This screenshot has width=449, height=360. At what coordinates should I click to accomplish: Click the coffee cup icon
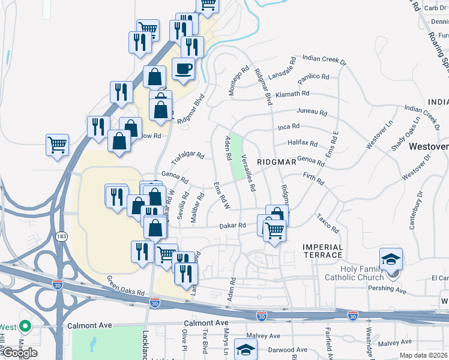click(x=184, y=68)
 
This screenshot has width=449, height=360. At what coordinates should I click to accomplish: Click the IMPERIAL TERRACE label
click(x=323, y=251)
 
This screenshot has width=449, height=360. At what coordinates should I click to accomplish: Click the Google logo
click(x=19, y=353)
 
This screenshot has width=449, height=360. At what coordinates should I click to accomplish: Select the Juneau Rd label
click(x=312, y=112)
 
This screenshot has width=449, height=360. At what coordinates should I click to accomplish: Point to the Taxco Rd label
click(x=328, y=224)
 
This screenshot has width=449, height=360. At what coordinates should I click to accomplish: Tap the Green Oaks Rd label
click(x=126, y=286)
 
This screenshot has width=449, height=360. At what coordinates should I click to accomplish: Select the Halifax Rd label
click(x=303, y=143)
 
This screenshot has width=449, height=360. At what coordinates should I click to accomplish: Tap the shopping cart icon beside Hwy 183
click(x=58, y=144)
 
